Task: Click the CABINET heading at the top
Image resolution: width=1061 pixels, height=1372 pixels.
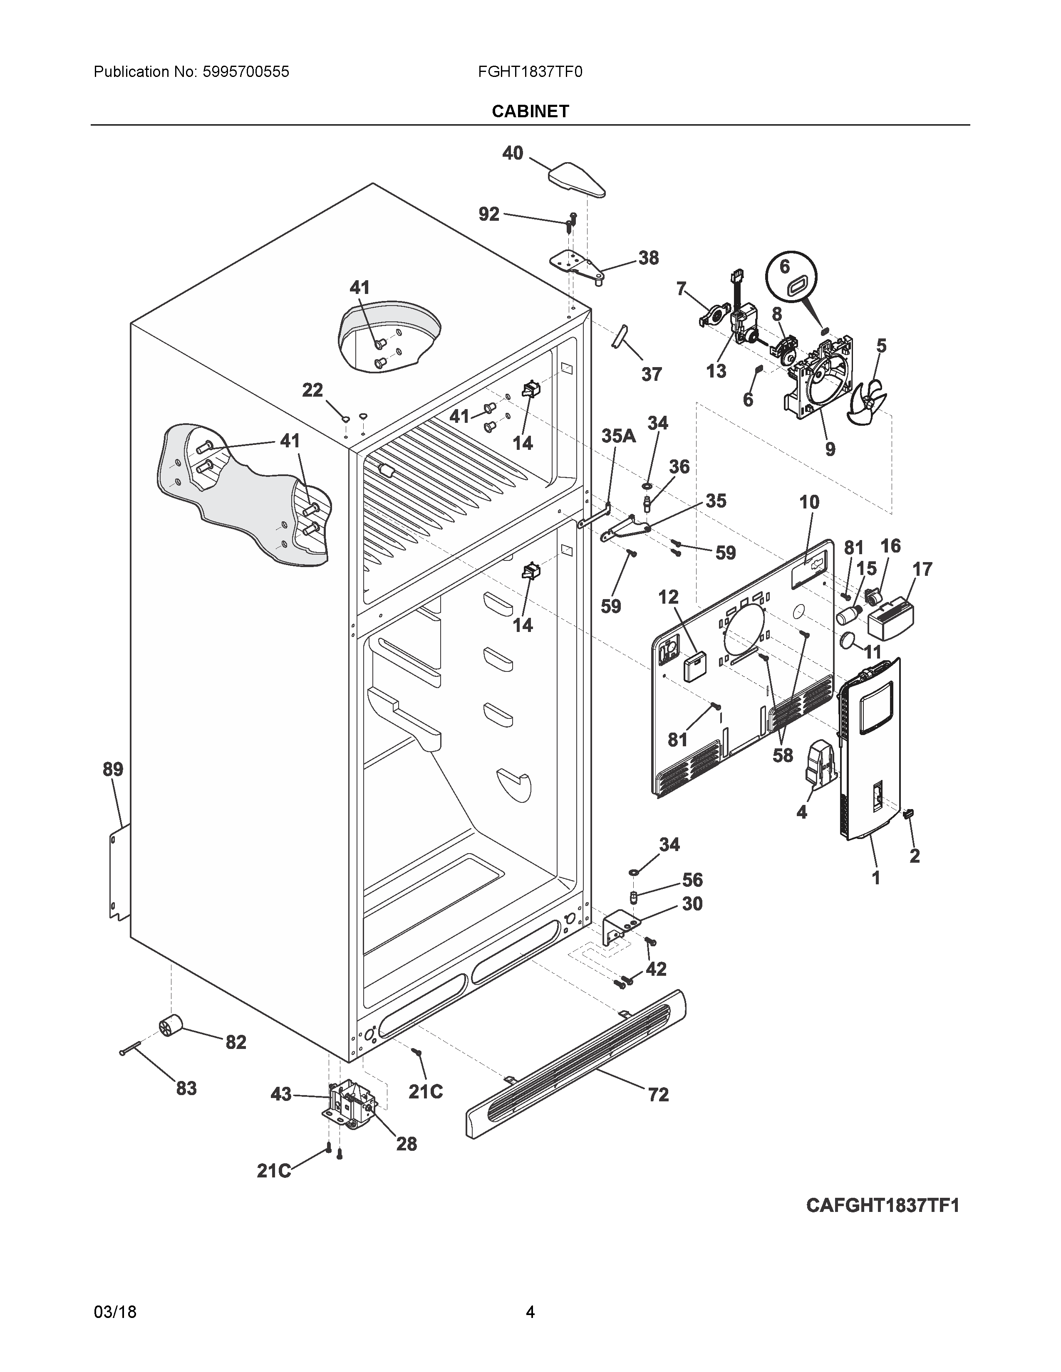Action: [x=530, y=111]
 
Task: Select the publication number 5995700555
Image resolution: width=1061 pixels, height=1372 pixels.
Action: [x=246, y=72]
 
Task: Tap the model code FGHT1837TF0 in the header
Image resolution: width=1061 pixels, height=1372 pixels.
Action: [x=530, y=72]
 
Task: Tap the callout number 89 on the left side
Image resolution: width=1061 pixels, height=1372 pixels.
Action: [x=113, y=769]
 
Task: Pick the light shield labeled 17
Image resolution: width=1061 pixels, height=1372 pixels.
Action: [x=891, y=617]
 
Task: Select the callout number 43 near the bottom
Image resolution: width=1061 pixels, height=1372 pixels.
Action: [x=281, y=1094]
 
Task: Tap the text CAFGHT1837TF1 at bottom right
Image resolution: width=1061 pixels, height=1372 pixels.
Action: [x=883, y=1206]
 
